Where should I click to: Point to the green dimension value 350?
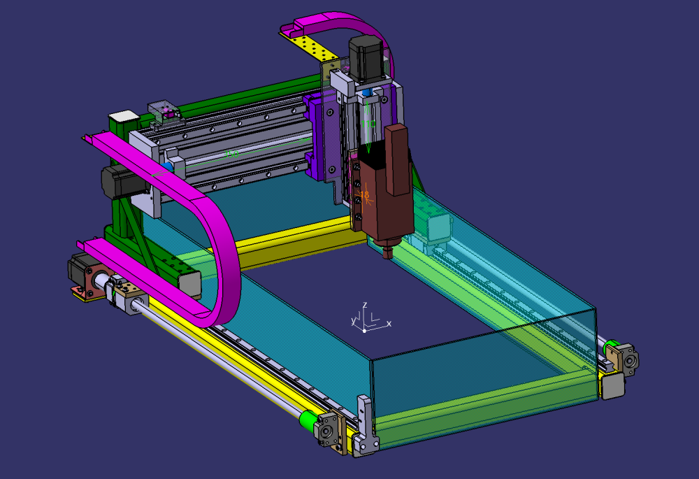(x=231, y=153)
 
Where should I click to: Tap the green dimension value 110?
(x=371, y=124)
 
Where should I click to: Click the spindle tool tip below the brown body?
(x=387, y=249)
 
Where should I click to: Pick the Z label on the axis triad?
(x=365, y=305)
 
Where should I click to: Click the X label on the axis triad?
(x=389, y=324)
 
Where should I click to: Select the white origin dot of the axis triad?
(x=364, y=330)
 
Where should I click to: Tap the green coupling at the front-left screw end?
(x=306, y=420)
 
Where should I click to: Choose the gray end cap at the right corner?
(x=612, y=385)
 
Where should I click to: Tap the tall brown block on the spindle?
(x=398, y=159)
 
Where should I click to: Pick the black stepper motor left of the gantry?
(x=113, y=183)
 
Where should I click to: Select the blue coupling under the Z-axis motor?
(x=366, y=93)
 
